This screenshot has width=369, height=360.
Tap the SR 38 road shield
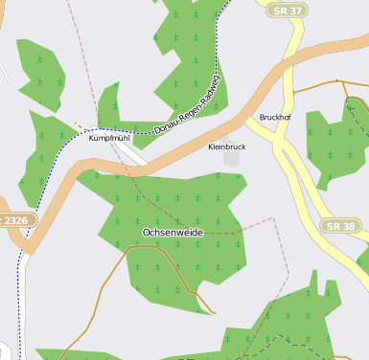340,226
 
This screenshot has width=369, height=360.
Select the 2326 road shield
15,220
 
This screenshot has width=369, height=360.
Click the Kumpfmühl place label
108,138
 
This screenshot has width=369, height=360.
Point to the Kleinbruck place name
227,146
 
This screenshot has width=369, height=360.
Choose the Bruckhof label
275,118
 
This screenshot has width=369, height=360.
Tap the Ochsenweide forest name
173,233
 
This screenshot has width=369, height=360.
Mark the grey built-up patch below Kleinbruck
231,158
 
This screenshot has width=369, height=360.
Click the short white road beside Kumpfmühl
130,153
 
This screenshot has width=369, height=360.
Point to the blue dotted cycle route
19,287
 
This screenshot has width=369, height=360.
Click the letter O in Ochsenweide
147,233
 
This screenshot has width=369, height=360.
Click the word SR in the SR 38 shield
334,226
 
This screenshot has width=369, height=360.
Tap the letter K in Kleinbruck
211,146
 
